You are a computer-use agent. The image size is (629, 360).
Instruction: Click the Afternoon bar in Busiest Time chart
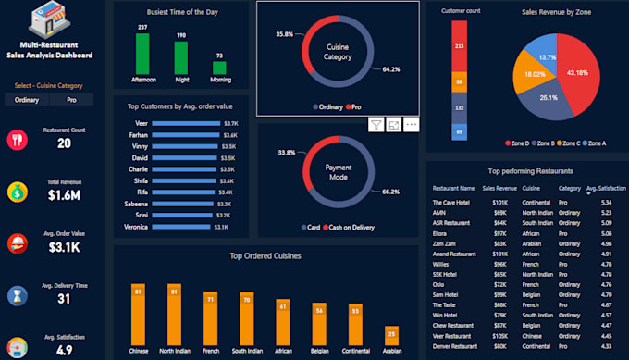click(142, 54)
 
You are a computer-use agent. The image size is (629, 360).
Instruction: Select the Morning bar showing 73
click(218, 68)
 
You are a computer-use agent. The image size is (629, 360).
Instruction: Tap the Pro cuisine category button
click(71, 100)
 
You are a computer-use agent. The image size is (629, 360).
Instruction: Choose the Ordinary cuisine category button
click(27, 100)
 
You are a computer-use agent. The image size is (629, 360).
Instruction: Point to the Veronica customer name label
click(136, 226)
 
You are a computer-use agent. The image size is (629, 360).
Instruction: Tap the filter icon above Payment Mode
click(376, 124)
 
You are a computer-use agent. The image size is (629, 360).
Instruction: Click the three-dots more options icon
click(412, 124)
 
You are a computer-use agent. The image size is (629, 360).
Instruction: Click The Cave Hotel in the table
click(454, 202)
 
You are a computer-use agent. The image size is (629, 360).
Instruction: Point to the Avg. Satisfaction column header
click(606, 188)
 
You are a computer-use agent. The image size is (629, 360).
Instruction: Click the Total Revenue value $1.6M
click(64, 195)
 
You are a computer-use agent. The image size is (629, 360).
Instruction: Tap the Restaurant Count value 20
click(64, 143)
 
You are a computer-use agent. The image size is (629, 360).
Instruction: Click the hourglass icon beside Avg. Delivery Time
click(18, 295)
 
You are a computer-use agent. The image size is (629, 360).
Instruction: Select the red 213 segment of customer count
click(459, 46)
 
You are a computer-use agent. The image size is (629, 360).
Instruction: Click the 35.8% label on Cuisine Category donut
click(286, 34)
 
